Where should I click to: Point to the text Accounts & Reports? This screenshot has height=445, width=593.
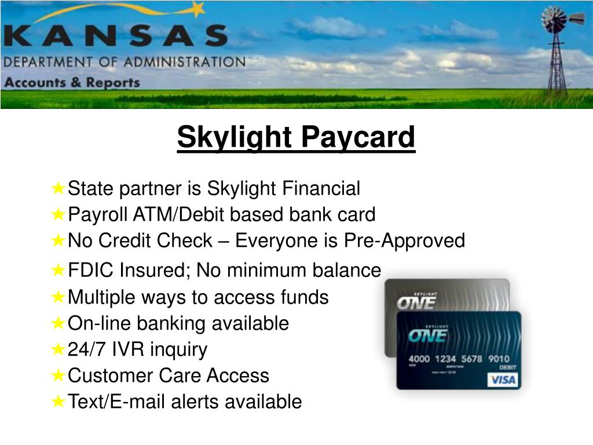pyautogui.click(x=72, y=82)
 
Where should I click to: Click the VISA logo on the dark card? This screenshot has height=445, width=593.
pyautogui.click(x=503, y=380)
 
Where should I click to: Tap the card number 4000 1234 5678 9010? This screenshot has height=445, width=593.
pyautogui.click(x=459, y=359)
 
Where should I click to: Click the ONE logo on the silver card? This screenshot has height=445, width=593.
pyautogui.click(x=415, y=302)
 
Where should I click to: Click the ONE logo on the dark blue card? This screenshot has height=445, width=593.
pyautogui.click(x=427, y=334)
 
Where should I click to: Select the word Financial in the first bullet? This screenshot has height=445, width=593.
pyautogui.click(x=321, y=188)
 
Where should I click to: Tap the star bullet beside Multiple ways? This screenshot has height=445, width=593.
pyautogui.click(x=58, y=297)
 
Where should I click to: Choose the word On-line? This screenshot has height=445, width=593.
pyautogui.click(x=91, y=323)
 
